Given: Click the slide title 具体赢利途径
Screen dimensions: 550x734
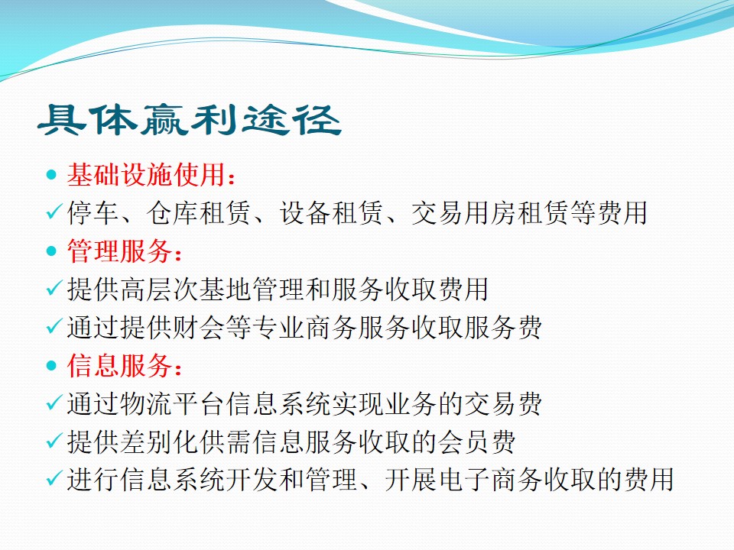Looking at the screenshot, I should click(x=189, y=119).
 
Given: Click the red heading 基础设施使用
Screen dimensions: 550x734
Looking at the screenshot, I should click(x=147, y=175).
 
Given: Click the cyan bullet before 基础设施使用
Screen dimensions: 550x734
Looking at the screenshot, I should click(x=52, y=175).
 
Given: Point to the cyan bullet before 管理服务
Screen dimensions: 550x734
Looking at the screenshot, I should click(x=52, y=251).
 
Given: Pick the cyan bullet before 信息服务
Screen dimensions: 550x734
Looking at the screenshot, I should click(x=52, y=366).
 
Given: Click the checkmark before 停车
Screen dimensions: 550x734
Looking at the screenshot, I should click(x=53, y=212).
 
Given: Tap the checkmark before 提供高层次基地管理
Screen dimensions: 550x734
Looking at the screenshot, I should click(x=53, y=289).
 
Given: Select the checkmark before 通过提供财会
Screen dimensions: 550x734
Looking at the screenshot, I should click(x=53, y=327).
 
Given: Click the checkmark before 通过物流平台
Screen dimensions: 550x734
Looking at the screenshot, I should click(x=53, y=403).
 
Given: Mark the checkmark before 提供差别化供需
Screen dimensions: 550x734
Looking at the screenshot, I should click(x=53, y=442).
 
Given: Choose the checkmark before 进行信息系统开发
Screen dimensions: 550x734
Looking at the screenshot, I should click(x=53, y=480).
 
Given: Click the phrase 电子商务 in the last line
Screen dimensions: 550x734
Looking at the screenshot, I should click(x=490, y=480).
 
